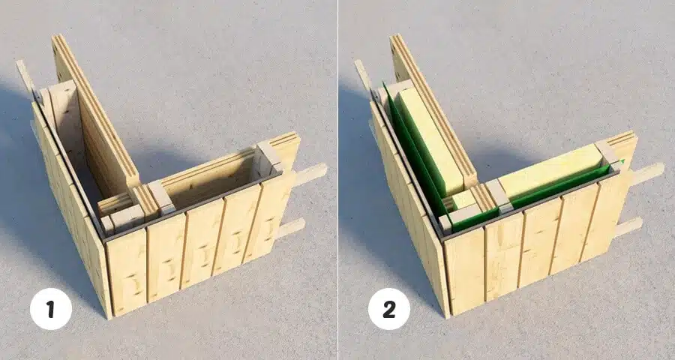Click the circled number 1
coord(51,309)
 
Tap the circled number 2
coord(389,309)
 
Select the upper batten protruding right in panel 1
coord(310,175)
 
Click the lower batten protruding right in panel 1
coord(290,227)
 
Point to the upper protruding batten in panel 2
coord(647,174)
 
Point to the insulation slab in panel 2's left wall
coord(428,138)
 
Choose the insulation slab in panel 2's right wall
coord(551,172)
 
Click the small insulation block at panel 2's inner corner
coord(463,199)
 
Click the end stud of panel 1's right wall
coord(270,158)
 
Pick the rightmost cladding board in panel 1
coord(271,215)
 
